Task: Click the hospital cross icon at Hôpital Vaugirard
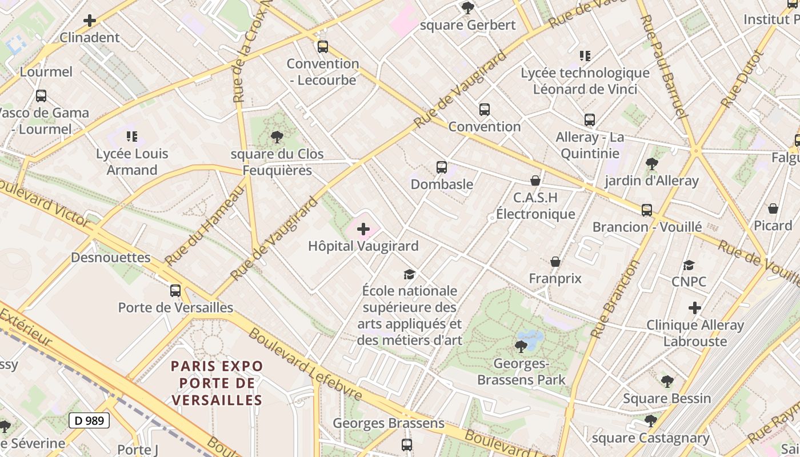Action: [x=363, y=230]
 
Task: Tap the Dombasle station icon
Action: [x=441, y=167]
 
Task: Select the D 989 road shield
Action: [x=89, y=421]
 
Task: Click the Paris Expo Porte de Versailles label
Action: [x=217, y=383]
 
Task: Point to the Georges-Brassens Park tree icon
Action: [x=521, y=346]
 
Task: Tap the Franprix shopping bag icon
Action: [x=555, y=262]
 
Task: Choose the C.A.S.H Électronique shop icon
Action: [x=535, y=181]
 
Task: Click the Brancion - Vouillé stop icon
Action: [x=646, y=210]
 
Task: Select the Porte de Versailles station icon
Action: [x=175, y=290]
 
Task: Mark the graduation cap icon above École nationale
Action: [x=409, y=274]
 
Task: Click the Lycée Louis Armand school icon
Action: [x=132, y=137]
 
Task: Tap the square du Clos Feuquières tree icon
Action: [x=277, y=137]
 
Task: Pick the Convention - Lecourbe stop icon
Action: [x=323, y=46]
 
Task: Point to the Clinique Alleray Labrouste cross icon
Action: [x=694, y=308]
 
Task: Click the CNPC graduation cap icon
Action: [x=689, y=265]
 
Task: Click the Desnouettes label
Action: [x=111, y=258]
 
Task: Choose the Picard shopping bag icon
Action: [x=773, y=209]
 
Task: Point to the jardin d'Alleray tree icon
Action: [x=651, y=164]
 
